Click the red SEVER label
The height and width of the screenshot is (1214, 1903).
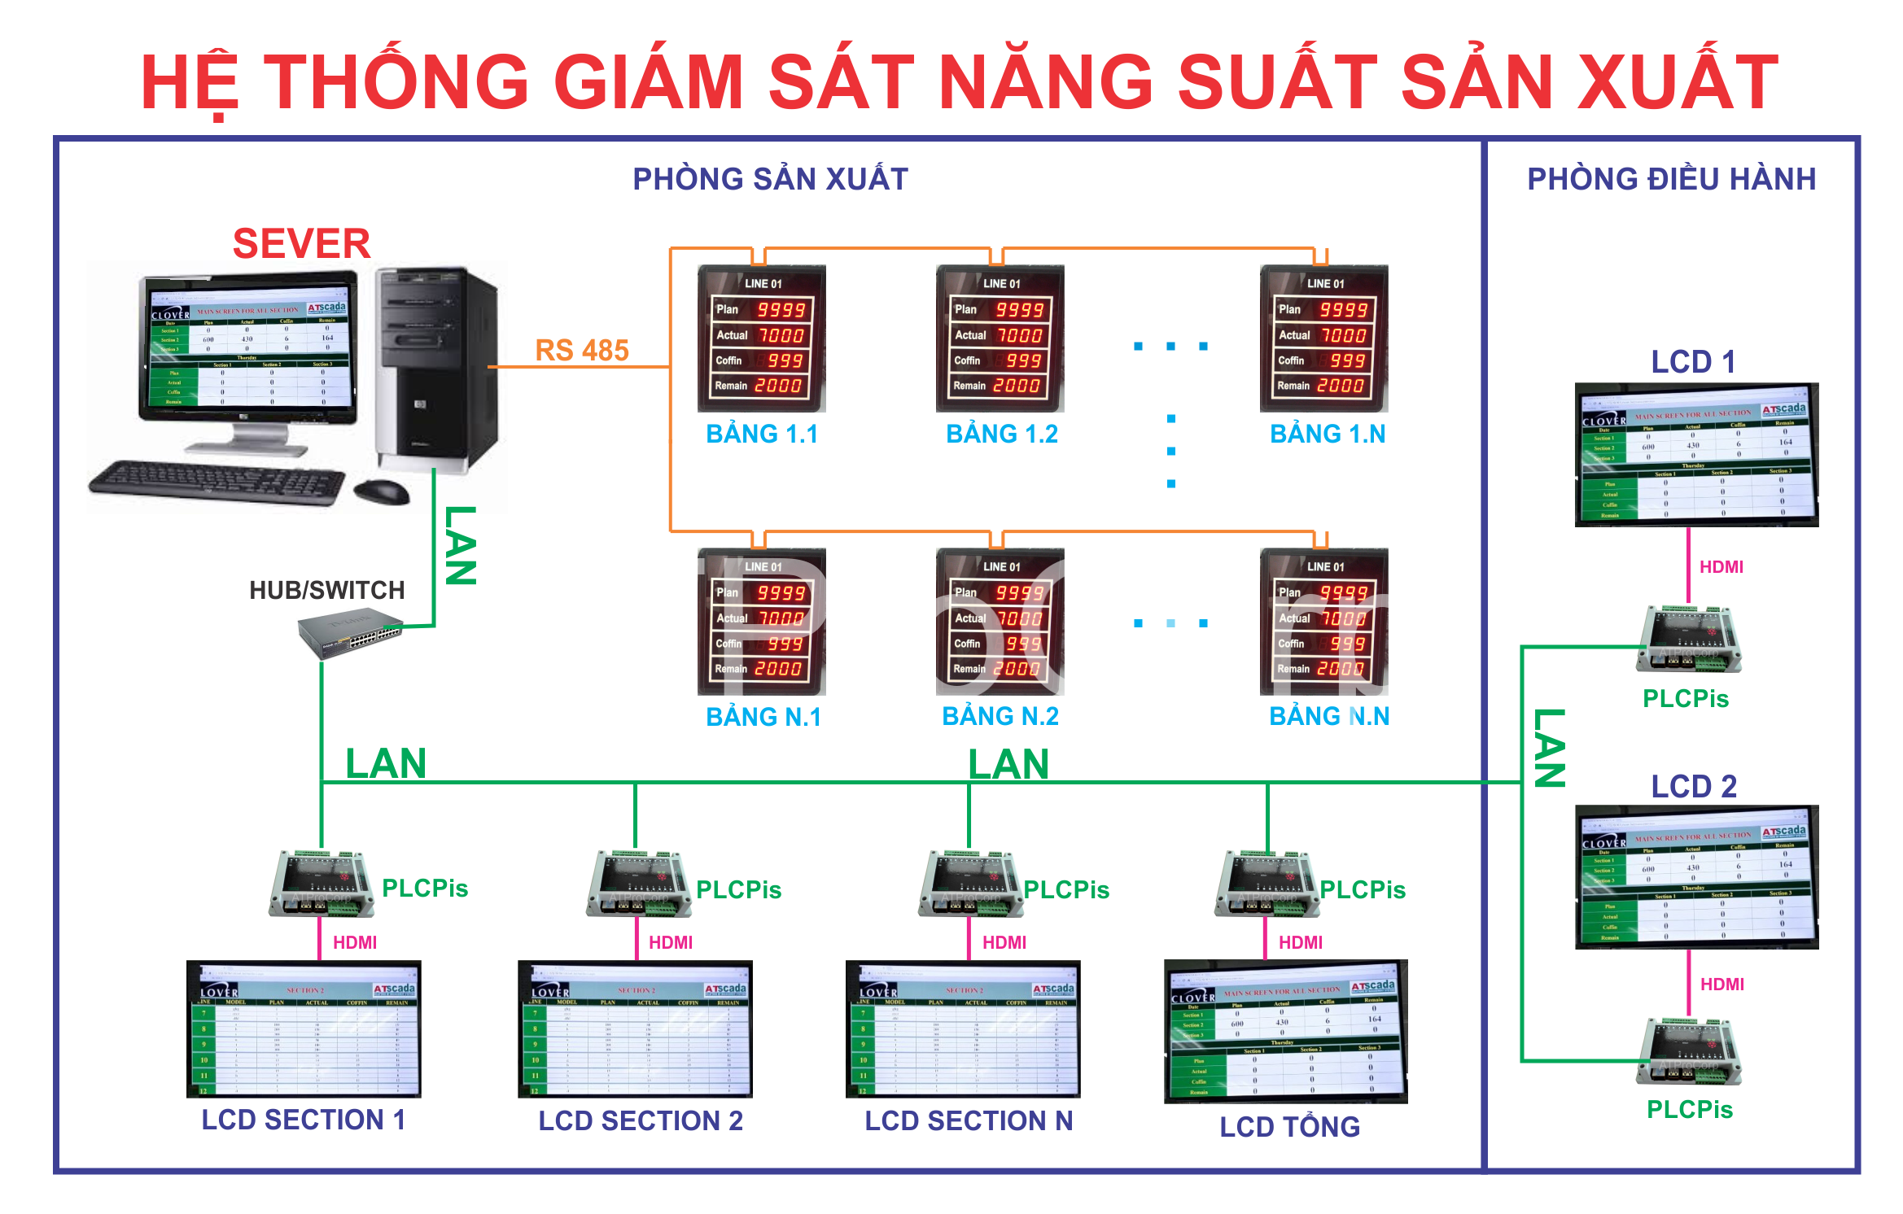pos(301,243)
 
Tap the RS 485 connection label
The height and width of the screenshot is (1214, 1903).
pos(582,350)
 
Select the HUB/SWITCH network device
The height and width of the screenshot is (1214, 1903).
pos(349,635)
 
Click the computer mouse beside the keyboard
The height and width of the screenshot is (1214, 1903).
pos(381,491)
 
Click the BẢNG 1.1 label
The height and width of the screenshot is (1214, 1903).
pos(761,434)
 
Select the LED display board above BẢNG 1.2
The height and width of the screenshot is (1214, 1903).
pos(1000,338)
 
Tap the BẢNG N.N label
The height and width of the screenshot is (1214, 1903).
pos(1329,716)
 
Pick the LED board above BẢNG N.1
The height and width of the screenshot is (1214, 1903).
pos(762,622)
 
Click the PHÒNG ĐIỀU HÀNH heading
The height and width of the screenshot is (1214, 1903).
pos(1671,179)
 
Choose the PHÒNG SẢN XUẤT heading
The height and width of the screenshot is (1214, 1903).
pos(770,179)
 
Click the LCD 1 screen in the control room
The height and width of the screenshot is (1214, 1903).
pos(1696,455)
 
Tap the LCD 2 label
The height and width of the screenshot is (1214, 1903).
pos(1693,786)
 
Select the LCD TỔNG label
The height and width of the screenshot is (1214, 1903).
pos(1289,1126)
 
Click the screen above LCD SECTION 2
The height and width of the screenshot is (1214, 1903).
pos(635,1029)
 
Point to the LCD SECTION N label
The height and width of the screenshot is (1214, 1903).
pos(969,1120)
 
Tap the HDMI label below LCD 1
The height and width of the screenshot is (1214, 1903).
pos(1721,566)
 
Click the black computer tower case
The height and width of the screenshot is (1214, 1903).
pos(436,370)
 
